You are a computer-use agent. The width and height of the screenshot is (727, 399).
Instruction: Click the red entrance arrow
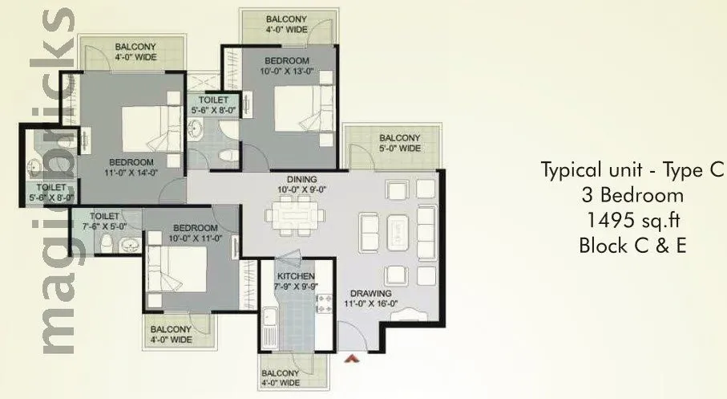tap(349, 360)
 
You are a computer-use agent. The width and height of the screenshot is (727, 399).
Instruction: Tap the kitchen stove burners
tap(324, 305)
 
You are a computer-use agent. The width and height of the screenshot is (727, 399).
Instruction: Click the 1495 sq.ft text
tap(632, 220)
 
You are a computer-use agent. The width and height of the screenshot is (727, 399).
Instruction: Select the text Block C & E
tap(632, 246)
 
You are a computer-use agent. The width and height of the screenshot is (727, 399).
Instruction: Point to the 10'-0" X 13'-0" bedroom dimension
tap(287, 71)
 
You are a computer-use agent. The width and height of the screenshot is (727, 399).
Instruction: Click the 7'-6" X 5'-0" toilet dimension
tap(105, 227)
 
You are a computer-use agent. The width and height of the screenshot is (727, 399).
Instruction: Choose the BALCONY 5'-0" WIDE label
tap(399, 143)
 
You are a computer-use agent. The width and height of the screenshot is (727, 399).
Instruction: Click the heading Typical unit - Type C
tap(632, 170)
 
